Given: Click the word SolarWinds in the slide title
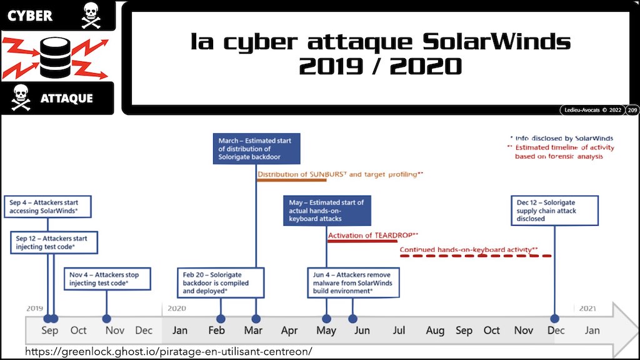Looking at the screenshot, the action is click(x=496, y=42).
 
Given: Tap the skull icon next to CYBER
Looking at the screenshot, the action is click(x=91, y=16).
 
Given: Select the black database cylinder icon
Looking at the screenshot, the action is click(x=56, y=57).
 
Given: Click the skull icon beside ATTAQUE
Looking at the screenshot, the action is click(x=21, y=97).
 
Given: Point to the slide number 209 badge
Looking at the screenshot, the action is click(x=632, y=110).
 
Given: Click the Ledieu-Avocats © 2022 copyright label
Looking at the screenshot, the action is click(x=592, y=110).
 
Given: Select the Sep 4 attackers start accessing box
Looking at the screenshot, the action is click(x=47, y=206).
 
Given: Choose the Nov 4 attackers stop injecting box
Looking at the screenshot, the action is click(x=107, y=279).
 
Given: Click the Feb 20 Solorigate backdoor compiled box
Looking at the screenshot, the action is click(x=221, y=282).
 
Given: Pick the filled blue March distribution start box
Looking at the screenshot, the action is click(x=256, y=149).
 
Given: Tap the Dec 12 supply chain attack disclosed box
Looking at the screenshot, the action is click(x=555, y=211).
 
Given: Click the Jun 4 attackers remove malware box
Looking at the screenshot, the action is click(x=353, y=282).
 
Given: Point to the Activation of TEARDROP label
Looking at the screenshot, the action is click(x=373, y=236).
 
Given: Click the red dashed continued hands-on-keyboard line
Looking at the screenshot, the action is click(x=476, y=256).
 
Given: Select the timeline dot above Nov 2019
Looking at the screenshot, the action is click(x=106, y=319).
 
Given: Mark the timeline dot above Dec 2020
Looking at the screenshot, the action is click(x=554, y=319).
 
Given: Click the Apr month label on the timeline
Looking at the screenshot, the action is click(x=289, y=330).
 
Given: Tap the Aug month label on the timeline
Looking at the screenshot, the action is click(x=435, y=330).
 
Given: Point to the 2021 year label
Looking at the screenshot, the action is click(x=587, y=309).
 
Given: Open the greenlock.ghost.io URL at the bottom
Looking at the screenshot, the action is click(x=169, y=351).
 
